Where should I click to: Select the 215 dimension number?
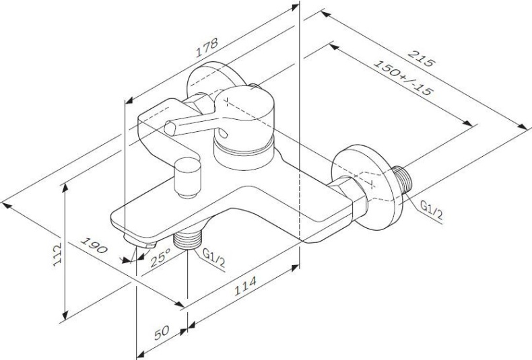point(422,59)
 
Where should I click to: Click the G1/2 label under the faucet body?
point(213,258)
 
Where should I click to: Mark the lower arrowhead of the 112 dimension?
point(65,316)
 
